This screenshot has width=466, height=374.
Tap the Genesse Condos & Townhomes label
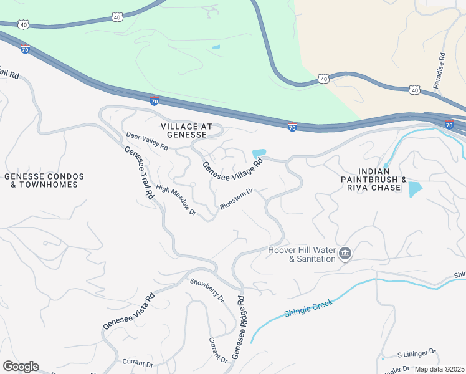44,180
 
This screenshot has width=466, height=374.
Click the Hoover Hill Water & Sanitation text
302,254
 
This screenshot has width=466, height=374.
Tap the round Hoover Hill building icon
346,254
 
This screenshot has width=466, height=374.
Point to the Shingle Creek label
309,308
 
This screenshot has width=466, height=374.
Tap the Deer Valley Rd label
147,141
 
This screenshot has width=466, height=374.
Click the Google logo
21,366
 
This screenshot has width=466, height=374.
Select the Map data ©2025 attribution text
439,368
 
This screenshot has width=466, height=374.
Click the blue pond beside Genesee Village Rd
259,153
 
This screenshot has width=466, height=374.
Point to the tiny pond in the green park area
216,47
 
